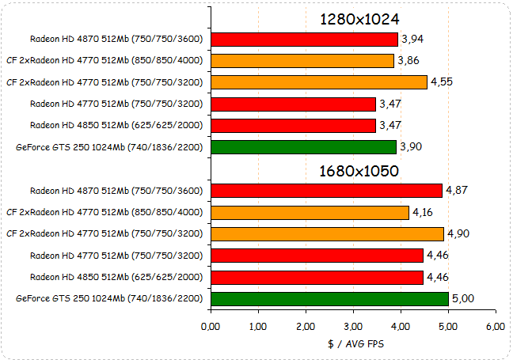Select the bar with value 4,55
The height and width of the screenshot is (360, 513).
(319, 81)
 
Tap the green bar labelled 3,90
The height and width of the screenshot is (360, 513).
(304, 147)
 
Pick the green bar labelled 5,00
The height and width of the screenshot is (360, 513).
(329, 298)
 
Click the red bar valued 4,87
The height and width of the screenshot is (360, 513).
(326, 190)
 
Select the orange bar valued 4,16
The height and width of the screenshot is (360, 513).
(310, 212)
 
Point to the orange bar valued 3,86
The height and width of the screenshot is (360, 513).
(302, 60)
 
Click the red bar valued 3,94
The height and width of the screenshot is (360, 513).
(305, 39)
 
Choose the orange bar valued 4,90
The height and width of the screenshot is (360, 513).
(327, 233)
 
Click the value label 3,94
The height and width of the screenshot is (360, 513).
(412, 39)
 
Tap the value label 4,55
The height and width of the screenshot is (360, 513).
(442, 81)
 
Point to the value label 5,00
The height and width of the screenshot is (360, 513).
(463, 299)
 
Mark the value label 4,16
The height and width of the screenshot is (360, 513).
(423, 212)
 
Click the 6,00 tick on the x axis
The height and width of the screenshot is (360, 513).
(496, 325)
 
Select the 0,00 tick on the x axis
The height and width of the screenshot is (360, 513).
(211, 325)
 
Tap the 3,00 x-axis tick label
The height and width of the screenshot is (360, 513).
(353, 325)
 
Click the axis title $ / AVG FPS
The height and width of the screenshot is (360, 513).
(353, 344)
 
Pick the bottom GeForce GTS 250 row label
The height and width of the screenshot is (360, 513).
(109, 299)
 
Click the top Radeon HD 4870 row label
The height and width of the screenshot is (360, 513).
(116, 39)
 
